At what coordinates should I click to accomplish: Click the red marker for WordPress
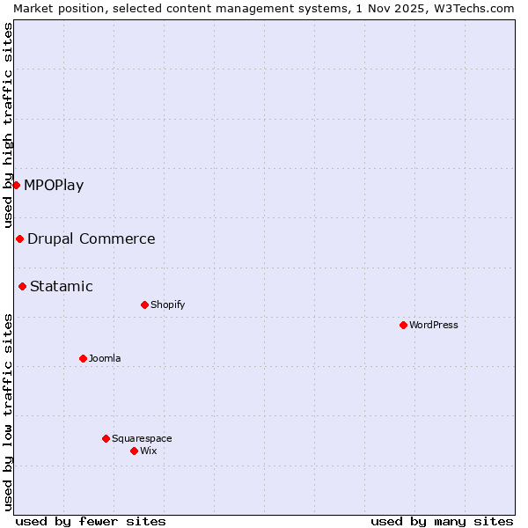pyautogui.click(x=403, y=325)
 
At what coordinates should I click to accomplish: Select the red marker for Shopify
pyautogui.click(x=144, y=304)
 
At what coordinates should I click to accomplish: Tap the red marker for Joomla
pyautogui.click(x=83, y=358)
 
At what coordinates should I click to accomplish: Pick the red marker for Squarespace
pyautogui.click(x=106, y=438)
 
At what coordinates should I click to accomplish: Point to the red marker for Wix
pyautogui.click(x=134, y=451)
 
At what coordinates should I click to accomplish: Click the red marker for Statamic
pyautogui.click(x=22, y=286)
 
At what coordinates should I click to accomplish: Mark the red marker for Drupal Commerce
pyautogui.click(x=19, y=238)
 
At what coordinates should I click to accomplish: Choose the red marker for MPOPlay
pyautogui.click(x=16, y=185)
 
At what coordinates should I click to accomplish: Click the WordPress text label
pyautogui.click(x=434, y=325)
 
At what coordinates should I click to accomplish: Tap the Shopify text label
pyautogui.click(x=167, y=304)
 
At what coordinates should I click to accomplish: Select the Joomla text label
pyautogui.click(x=105, y=358)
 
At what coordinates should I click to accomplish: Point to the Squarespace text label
pyautogui.click(x=142, y=438)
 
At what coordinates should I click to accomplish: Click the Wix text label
pyautogui.click(x=149, y=451)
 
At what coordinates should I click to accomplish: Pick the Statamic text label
pyautogui.click(x=62, y=286)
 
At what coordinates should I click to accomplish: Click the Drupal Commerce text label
pyautogui.click(x=92, y=238)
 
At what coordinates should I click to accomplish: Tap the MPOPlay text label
pyautogui.click(x=54, y=185)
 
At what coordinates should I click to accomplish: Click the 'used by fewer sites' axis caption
pyautogui.click(x=91, y=521)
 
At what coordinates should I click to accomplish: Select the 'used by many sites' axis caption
pyautogui.click(x=442, y=521)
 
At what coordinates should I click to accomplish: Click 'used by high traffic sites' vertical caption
pyautogui.click(x=8, y=125)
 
